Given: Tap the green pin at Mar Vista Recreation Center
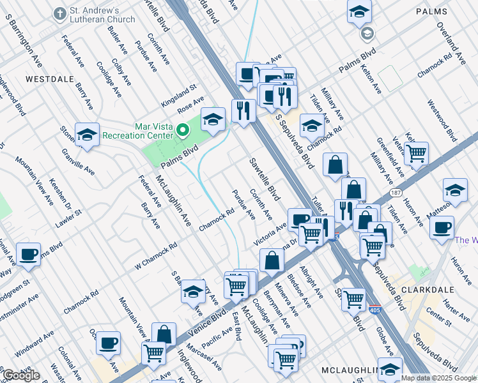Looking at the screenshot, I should [x=183, y=131].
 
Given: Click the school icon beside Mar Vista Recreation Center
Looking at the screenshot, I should [x=213, y=119].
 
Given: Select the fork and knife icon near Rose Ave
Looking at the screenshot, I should [x=243, y=110].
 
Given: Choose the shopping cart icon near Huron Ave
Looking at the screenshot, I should [x=416, y=153].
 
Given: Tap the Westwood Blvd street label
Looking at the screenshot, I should [x=442, y=121].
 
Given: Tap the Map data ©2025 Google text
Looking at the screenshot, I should [x=438, y=378].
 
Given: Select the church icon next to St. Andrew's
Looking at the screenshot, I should [x=59, y=13].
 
